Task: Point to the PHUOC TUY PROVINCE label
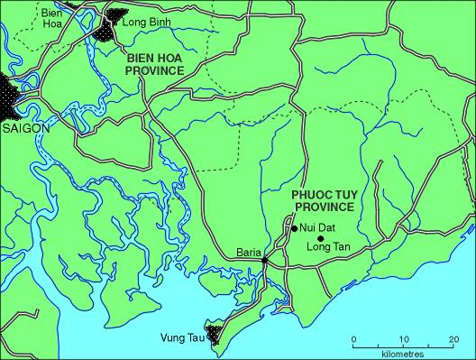tap(322, 199)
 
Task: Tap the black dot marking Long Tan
tap(320, 238)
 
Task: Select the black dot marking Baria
tap(264, 262)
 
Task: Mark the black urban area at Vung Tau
tap(215, 334)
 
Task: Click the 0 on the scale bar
tap(353, 338)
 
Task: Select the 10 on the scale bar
tap(403, 338)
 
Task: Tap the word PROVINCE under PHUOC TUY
tap(322, 206)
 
